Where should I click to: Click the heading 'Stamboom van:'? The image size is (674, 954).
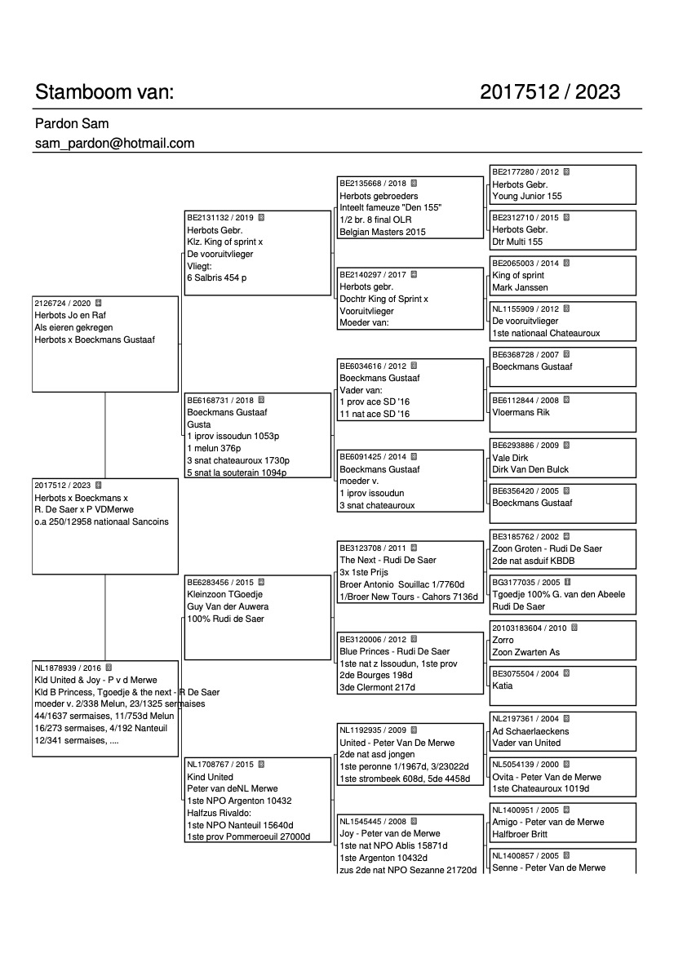click(104, 92)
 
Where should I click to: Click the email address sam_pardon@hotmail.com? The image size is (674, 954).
click(114, 144)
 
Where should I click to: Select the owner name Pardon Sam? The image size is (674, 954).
click(72, 124)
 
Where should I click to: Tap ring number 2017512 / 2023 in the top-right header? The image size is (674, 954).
click(550, 92)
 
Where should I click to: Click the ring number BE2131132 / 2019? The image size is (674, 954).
click(220, 218)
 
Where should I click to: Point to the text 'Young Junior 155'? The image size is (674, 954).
click(527, 197)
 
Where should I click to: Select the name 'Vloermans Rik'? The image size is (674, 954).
click(521, 412)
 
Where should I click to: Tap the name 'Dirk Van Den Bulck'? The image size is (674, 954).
click(530, 469)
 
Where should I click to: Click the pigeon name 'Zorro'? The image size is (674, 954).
click(503, 640)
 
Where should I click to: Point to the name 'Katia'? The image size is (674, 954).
click(503, 686)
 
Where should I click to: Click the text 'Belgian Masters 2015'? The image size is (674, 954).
click(382, 232)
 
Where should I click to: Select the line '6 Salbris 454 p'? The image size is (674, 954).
click(217, 277)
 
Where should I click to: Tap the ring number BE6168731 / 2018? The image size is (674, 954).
click(220, 401)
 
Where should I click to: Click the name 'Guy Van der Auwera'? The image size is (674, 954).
click(228, 606)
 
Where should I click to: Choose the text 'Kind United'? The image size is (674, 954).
click(211, 777)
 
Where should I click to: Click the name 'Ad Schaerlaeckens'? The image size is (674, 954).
click(530, 731)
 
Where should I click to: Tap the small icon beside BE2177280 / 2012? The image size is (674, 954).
click(567, 172)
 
